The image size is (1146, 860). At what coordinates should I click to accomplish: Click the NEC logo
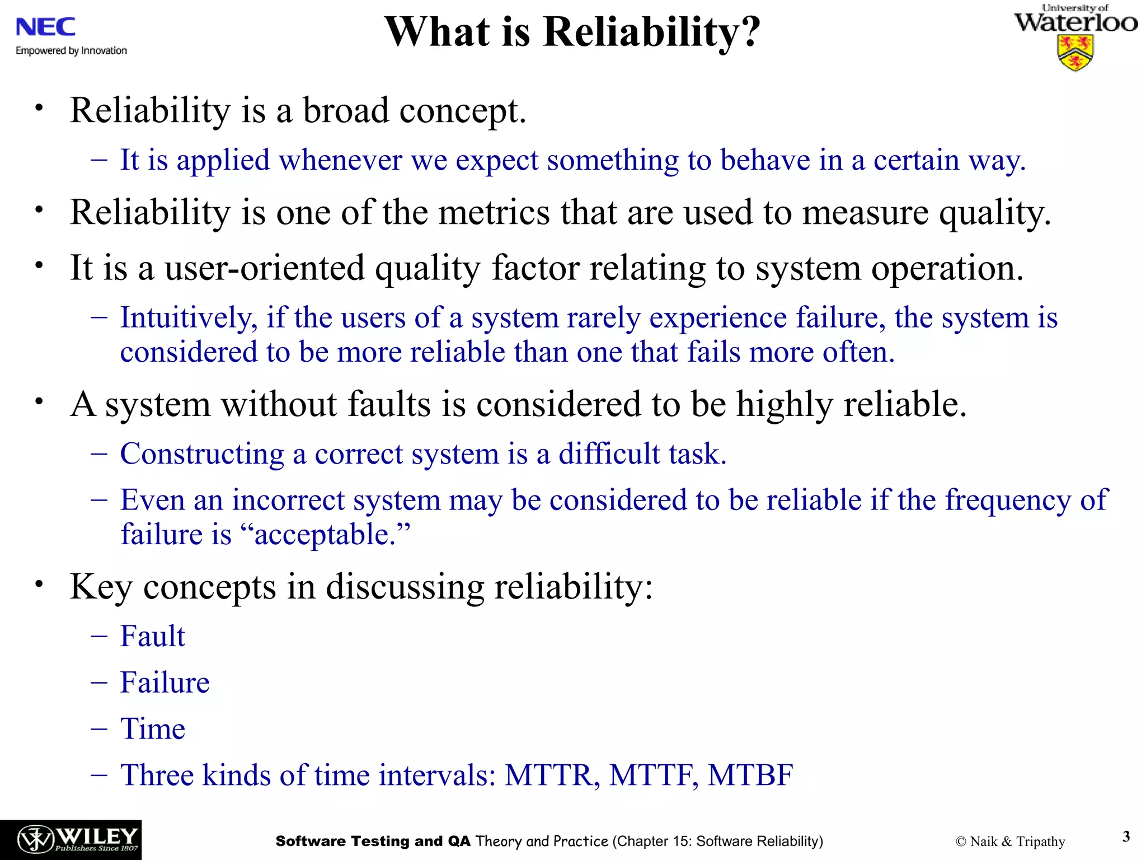(x=45, y=27)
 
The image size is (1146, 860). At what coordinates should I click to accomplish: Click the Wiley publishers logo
(x=71, y=839)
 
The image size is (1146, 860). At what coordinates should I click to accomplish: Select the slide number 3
(x=1126, y=836)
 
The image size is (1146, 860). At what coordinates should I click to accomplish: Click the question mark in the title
(x=749, y=32)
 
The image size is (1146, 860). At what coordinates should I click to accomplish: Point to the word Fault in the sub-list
(x=152, y=637)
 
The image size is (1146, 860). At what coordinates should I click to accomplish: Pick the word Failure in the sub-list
(x=165, y=683)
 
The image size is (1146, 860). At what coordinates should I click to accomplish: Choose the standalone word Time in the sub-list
(x=152, y=729)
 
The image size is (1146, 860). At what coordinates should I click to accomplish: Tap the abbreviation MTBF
(x=750, y=775)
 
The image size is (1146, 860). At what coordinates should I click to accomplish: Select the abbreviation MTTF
(x=653, y=775)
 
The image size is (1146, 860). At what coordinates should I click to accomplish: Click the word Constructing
(x=202, y=454)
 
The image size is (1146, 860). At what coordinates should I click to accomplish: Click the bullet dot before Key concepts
(x=39, y=584)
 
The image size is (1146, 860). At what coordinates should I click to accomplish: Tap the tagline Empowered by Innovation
(x=71, y=51)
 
